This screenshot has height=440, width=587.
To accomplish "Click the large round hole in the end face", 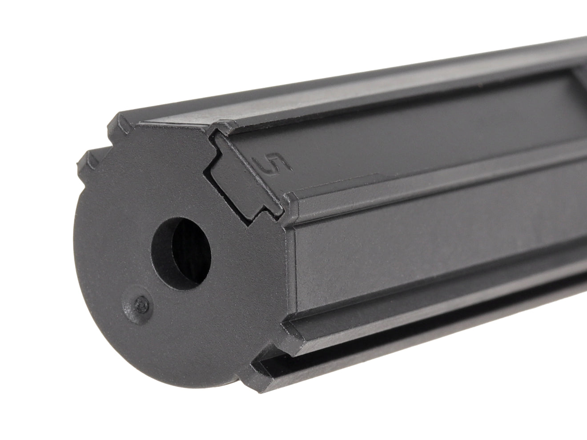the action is click(181, 254).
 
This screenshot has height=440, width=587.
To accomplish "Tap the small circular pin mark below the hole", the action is click(141, 304).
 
